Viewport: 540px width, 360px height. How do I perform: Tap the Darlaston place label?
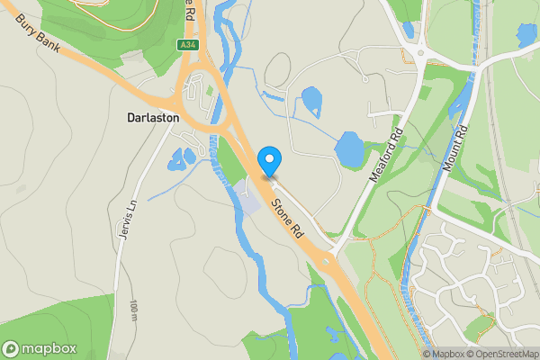[153, 118]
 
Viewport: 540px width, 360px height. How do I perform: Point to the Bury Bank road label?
[37, 34]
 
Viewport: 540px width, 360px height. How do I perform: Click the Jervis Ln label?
[125, 218]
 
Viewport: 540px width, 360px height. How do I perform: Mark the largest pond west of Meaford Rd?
[350, 149]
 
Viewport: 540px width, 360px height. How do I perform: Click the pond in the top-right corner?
[526, 36]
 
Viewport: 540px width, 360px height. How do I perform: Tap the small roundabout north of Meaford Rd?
[421, 51]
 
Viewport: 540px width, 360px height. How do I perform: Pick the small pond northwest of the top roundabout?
[409, 27]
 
